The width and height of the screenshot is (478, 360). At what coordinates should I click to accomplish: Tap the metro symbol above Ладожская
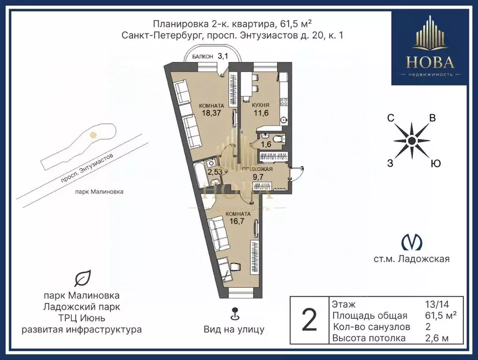pyautogui.click(x=412, y=241)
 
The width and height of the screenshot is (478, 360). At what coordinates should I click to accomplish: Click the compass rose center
pyautogui.click(x=411, y=140)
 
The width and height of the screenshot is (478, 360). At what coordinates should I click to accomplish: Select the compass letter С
pyautogui.click(x=390, y=119)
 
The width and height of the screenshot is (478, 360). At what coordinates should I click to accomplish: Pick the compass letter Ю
pyautogui.click(x=435, y=163)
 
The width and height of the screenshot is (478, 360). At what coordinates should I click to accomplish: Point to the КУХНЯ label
pyautogui.click(x=260, y=106)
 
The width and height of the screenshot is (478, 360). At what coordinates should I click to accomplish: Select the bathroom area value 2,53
pyautogui.click(x=215, y=171)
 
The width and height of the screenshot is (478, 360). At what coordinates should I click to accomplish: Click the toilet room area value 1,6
pyautogui.click(x=266, y=144)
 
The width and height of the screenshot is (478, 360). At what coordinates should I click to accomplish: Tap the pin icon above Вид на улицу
pyautogui.click(x=234, y=313)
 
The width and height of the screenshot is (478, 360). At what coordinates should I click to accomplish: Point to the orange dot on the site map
pyautogui.click(x=93, y=135)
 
